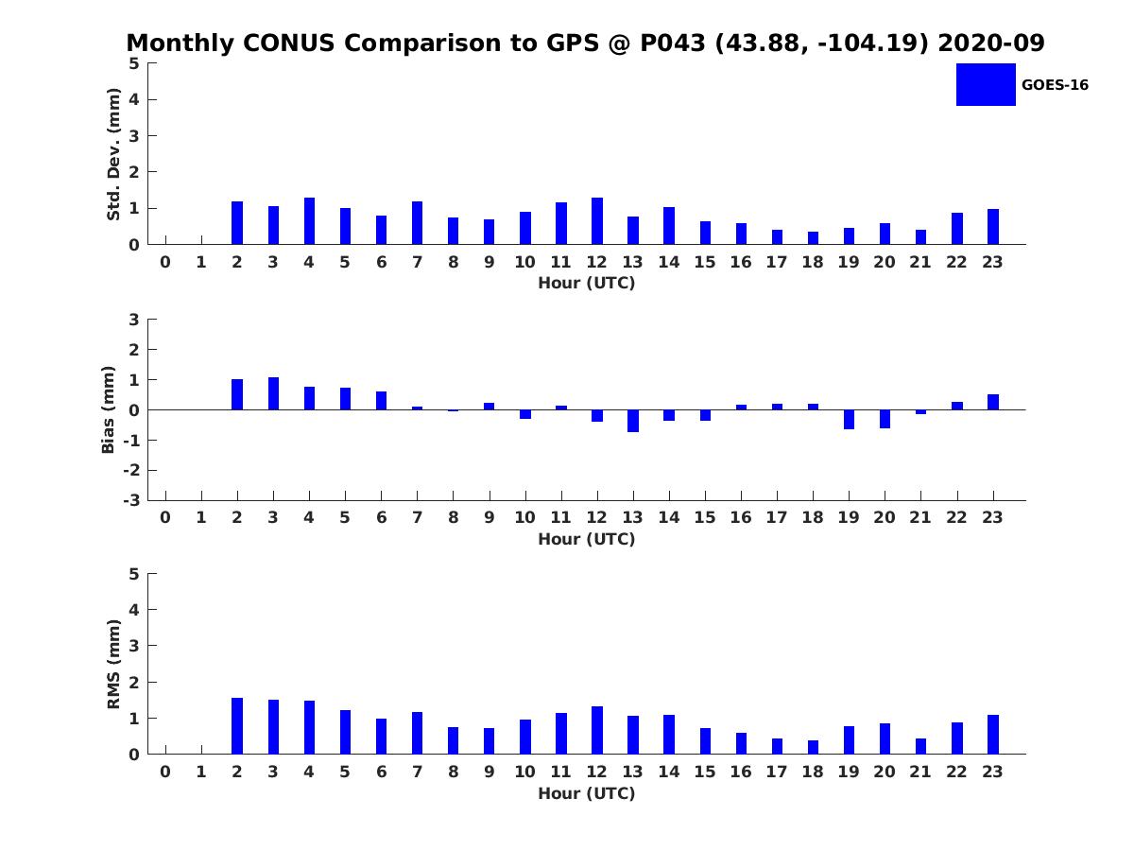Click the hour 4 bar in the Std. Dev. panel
coord(309,220)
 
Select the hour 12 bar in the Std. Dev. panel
coord(596,220)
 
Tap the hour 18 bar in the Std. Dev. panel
coord(813,237)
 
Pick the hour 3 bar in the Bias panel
coord(273,393)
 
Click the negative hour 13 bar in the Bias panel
coord(633,421)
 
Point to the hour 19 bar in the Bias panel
coord(849,419)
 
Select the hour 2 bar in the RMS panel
coord(237,725)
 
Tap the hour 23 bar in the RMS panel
coord(993,735)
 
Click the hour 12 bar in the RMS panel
coord(596,730)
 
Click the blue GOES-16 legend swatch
coord(986,85)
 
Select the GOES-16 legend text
coord(1055,85)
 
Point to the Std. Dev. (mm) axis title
coord(113,154)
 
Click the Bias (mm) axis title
coord(108,409)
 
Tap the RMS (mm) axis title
coord(113,664)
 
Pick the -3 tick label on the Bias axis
coord(131,500)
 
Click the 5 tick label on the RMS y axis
coord(134,574)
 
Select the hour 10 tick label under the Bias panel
coord(524,517)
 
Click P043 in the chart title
coord(672,43)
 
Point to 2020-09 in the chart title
coord(991,43)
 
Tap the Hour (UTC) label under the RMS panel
coord(587,793)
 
